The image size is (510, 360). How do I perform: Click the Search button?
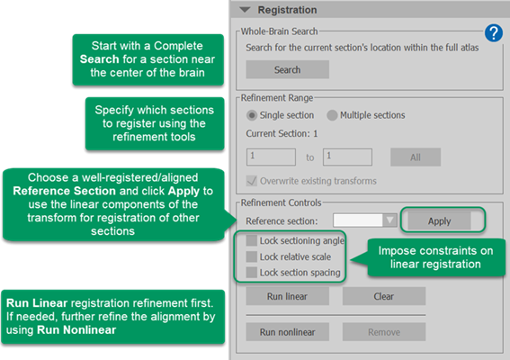pyautogui.click(x=287, y=69)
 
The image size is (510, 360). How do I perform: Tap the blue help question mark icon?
pyautogui.click(x=494, y=33)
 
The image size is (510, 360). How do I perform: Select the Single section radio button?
pyautogui.click(x=252, y=115)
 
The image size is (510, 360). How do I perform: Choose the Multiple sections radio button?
pyautogui.click(x=332, y=115)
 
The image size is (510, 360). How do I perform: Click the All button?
pyautogui.click(x=416, y=157)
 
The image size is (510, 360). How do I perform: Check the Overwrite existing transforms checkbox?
pyautogui.click(x=252, y=181)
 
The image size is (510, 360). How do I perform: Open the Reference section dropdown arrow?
pyautogui.click(x=389, y=220)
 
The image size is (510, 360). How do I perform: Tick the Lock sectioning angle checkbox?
pyautogui.click(x=252, y=240)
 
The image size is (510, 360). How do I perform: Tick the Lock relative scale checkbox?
pyautogui.click(x=252, y=256)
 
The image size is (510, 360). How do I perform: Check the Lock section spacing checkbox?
pyautogui.click(x=252, y=272)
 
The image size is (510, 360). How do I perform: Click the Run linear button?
pyautogui.click(x=287, y=296)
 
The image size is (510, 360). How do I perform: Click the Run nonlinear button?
pyautogui.click(x=287, y=332)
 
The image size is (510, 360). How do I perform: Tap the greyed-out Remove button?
pyautogui.click(x=384, y=332)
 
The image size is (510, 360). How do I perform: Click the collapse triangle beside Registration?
pyautogui.click(x=245, y=10)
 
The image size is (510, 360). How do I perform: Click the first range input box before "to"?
pyautogui.click(x=271, y=157)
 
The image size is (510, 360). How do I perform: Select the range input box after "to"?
pyautogui.click(x=347, y=157)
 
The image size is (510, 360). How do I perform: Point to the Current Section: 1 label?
pyautogui.click(x=282, y=133)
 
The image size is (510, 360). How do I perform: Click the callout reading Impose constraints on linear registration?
pyautogui.click(x=435, y=257)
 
